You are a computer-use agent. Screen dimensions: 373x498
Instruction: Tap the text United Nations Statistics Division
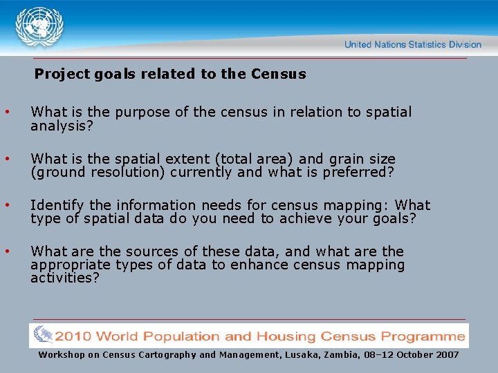pos(413,44)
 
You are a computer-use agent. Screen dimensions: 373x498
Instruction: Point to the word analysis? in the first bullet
pos(62,126)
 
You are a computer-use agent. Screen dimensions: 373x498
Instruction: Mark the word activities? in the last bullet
pos(65,278)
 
